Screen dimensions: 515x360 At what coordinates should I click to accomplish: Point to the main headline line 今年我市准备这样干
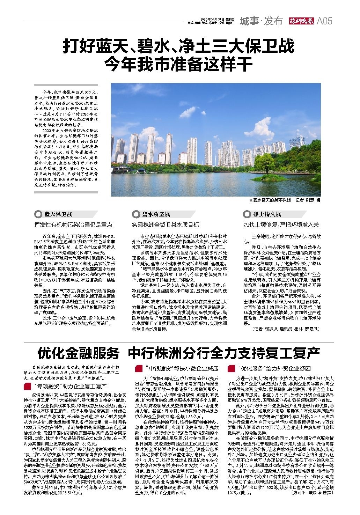tap(179, 63)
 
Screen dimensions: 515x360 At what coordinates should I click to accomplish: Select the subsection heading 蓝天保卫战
tap(58, 214)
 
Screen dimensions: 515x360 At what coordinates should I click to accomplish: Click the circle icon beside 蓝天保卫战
tap(37, 214)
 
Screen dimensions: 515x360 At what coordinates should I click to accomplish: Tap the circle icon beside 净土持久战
tap(247, 214)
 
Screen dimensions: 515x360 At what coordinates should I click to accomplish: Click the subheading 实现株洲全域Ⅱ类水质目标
tap(165, 225)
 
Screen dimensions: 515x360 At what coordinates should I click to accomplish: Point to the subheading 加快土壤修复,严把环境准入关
tap(281, 225)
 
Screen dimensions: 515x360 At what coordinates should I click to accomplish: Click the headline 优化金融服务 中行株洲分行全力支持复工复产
tap(178, 353)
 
